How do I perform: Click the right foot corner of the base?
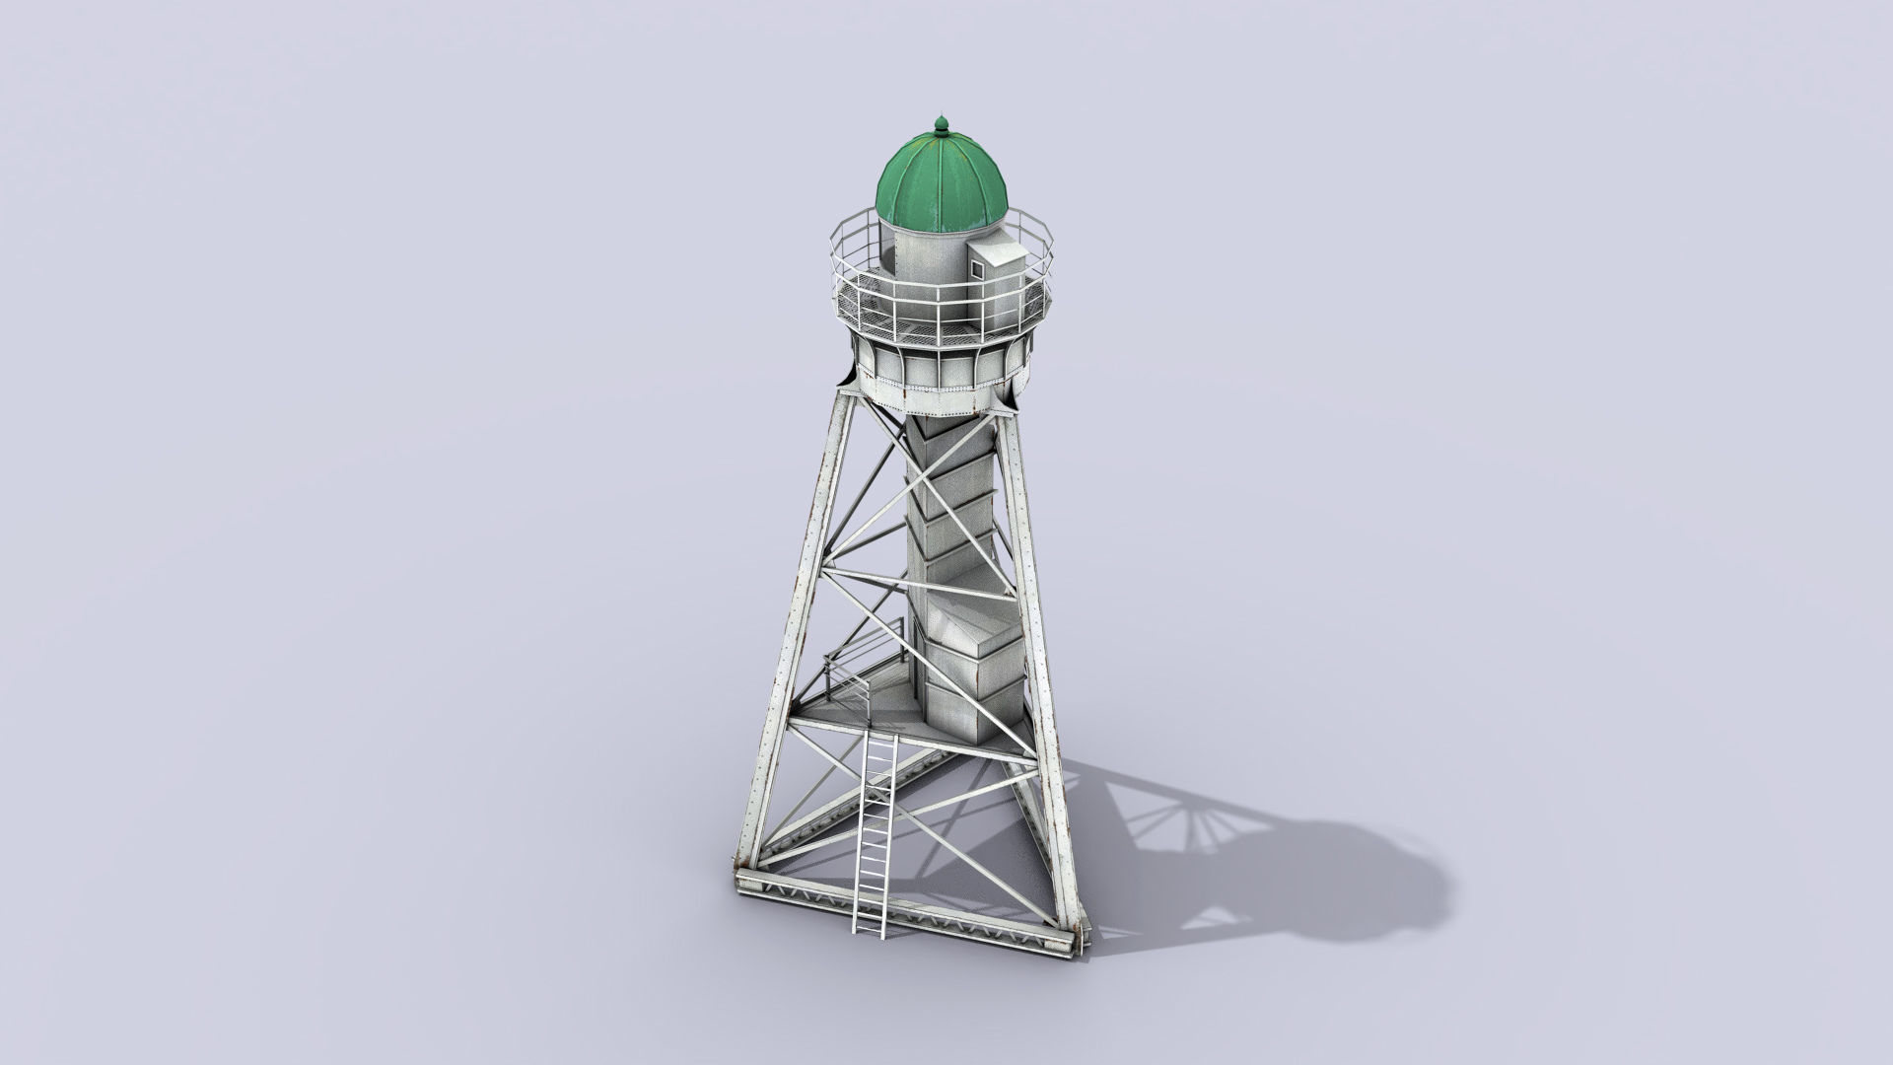(1078, 947)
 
